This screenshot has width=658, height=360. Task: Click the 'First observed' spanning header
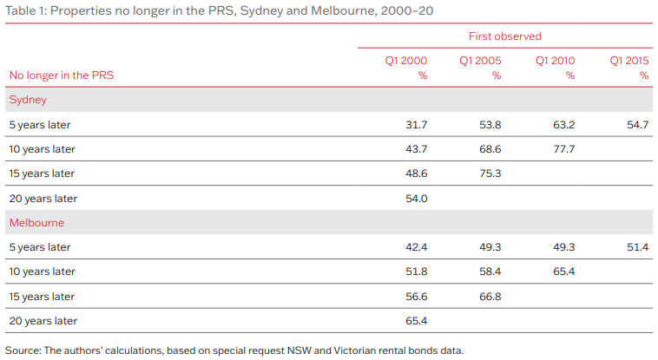pos(504,36)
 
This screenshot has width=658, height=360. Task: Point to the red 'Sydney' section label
pos(28,100)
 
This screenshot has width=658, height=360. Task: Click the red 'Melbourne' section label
pos(36,223)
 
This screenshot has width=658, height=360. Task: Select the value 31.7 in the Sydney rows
pos(417,125)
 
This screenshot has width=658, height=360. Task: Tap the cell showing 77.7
pos(564,149)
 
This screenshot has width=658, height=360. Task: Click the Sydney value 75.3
pos(490,173)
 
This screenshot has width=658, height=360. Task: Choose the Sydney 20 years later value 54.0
pos(417,199)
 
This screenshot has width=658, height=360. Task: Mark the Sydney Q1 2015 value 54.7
pos(638,125)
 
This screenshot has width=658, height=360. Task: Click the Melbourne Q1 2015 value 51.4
pos(638,247)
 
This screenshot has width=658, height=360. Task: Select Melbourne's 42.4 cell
pos(417,247)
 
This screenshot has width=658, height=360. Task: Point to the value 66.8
pos(490,297)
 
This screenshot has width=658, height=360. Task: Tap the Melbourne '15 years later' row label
pos(43,297)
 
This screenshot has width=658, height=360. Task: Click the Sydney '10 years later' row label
pos(43,149)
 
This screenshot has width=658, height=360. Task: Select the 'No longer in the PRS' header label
pos(62,75)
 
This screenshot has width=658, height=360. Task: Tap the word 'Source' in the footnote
pos(21,350)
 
